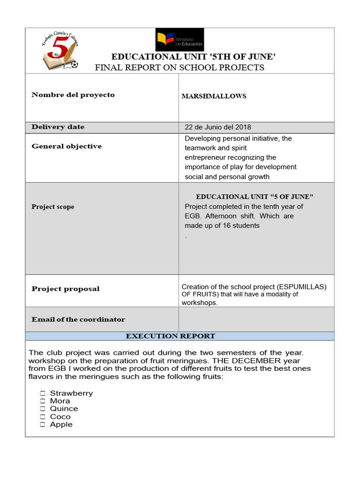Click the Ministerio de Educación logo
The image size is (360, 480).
180,39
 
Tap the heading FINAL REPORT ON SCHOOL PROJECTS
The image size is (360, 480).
180,67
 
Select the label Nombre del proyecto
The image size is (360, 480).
73,95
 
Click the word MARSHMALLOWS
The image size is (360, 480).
214,97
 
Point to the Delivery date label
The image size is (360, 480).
58,127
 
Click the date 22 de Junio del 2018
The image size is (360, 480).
218,127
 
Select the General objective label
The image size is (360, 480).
67,146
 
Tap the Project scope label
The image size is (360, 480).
53,207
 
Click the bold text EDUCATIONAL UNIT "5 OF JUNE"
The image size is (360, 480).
255,197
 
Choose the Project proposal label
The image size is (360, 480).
66,289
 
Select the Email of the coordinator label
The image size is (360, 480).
78,320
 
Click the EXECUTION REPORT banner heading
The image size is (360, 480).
171,336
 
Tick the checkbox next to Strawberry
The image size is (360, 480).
42,393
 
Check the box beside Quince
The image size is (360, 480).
42,409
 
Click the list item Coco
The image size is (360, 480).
60,417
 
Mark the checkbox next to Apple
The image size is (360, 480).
42,425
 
